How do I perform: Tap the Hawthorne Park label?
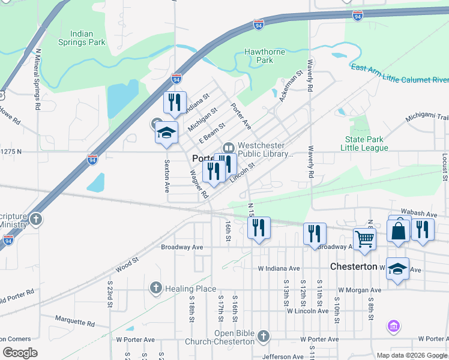pyautogui.click(x=265, y=56)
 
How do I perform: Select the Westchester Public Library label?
pyautogui.click(x=265, y=149)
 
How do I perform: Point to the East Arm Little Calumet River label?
pyautogui.click(x=400, y=73)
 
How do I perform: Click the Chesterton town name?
pyautogui.click(x=354, y=266)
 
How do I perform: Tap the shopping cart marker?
pyautogui.click(x=365, y=239)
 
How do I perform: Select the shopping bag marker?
pyautogui.click(x=399, y=230)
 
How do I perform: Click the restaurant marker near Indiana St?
pyautogui.click(x=175, y=103)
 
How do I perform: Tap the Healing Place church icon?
pyautogui.click(x=156, y=289)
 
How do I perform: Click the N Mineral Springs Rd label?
pyautogui.click(x=38, y=79)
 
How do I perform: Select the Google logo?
pyautogui.click(x=20, y=353)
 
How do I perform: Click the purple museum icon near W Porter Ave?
pyautogui.click(x=394, y=326)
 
